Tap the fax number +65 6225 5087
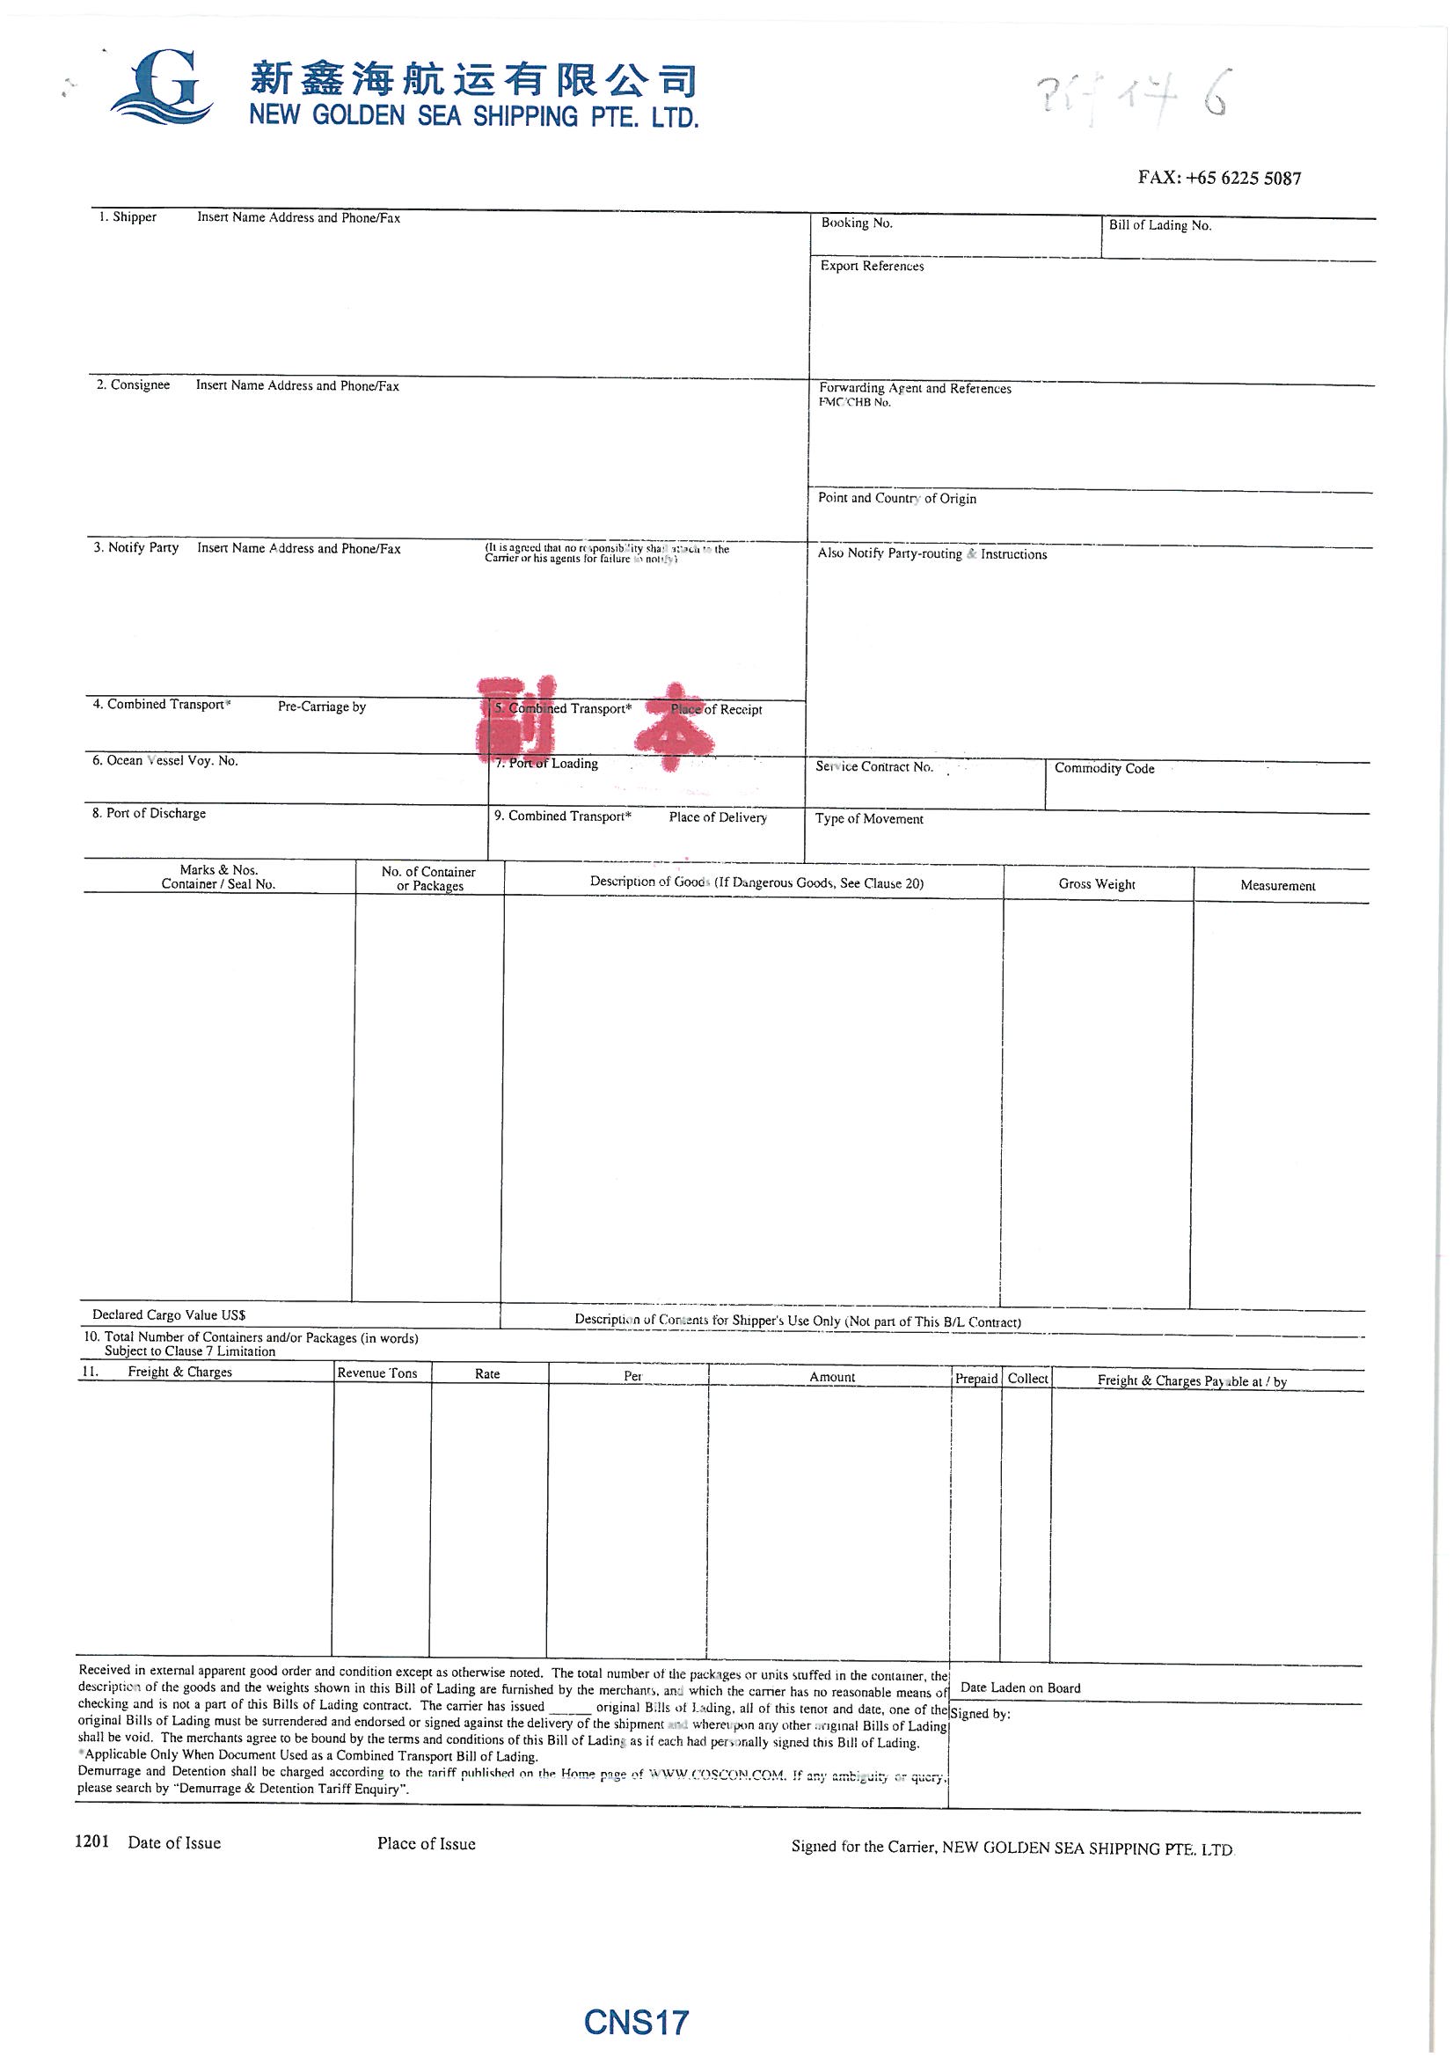click(x=1218, y=178)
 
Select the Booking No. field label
click(x=857, y=223)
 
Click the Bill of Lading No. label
click(x=1159, y=226)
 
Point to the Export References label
click(x=872, y=266)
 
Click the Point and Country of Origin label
click(x=897, y=498)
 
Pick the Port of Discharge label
click(x=149, y=814)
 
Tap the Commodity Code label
click(x=1104, y=769)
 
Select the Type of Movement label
click(x=869, y=819)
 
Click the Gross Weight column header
click(x=1097, y=884)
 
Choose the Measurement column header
click(x=1277, y=886)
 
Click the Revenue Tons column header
click(x=377, y=1373)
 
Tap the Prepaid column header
click(x=975, y=1379)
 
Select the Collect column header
click(x=1027, y=1379)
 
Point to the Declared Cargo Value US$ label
click(x=168, y=1315)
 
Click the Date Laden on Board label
click(x=1020, y=1687)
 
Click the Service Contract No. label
click(x=873, y=767)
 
